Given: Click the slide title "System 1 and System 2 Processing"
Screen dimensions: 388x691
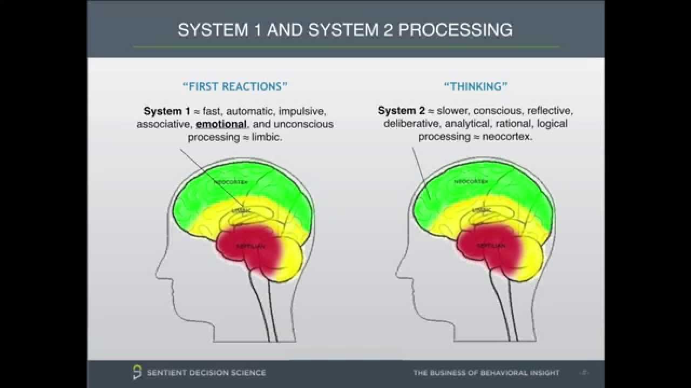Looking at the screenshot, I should point(345,30).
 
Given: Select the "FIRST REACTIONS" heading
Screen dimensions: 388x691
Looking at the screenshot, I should point(235,86).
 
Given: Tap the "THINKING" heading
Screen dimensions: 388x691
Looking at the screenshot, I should point(476,86).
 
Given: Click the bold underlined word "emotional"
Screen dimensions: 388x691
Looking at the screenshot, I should point(221,124).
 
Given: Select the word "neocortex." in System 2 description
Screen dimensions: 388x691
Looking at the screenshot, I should point(507,137).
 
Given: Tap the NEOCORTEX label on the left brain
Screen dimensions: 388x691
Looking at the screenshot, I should point(231,182).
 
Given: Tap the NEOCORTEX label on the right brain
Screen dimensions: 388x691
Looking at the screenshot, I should point(471,182).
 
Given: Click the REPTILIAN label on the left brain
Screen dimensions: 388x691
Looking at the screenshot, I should point(251,246).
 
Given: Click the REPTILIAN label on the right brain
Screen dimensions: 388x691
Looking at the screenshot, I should point(491,246).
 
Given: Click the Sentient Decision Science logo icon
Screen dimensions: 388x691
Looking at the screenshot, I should point(137,372).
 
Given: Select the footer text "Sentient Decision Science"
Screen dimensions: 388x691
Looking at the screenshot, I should point(207,372).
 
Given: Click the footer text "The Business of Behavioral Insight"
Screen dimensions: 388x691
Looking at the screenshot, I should point(486,373).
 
